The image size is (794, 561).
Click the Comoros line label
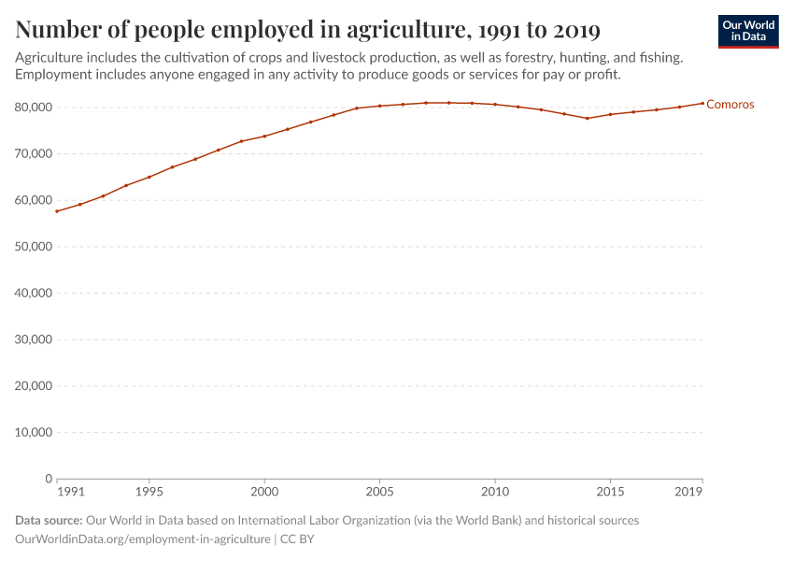730,105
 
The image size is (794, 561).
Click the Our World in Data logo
748,31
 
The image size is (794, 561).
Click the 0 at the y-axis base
48,479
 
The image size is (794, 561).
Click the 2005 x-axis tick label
379,491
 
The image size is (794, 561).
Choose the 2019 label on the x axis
688,491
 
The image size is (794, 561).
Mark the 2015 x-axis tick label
610,491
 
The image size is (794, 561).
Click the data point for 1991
57,211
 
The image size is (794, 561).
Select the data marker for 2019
702,103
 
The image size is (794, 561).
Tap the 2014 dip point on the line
588,118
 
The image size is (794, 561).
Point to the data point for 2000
264,137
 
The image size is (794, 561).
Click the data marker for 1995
149,177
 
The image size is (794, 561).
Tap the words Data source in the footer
49,520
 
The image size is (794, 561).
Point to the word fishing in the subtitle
659,58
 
